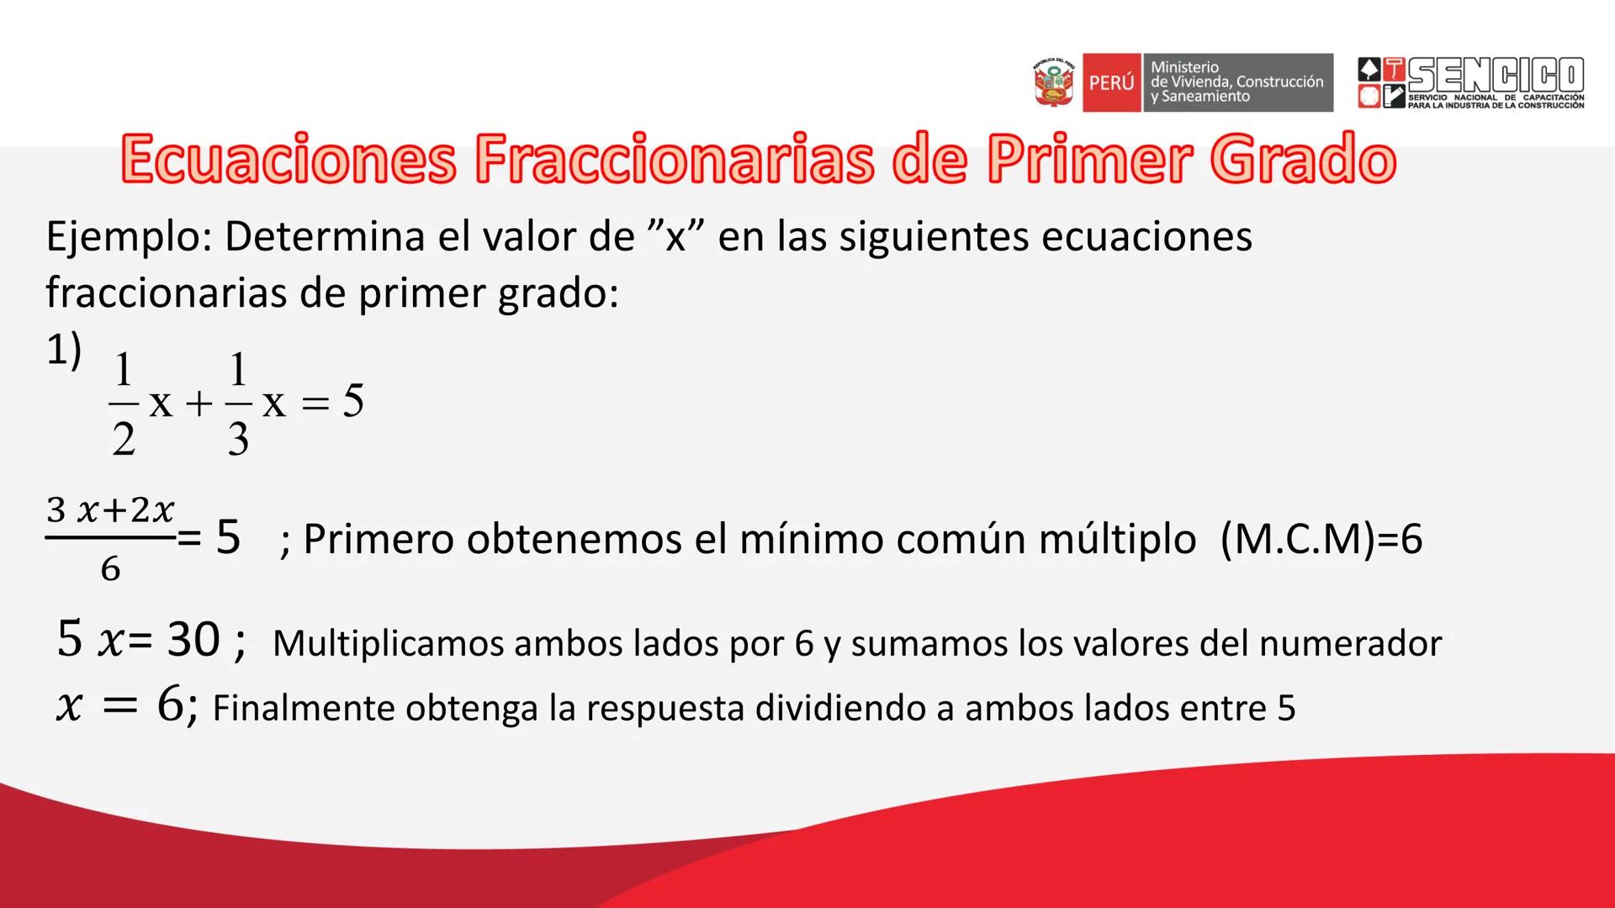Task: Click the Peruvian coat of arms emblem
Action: click(x=1053, y=82)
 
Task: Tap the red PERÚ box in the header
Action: click(x=1111, y=82)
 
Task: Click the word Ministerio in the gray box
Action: click(x=1184, y=66)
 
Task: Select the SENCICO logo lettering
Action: click(x=1496, y=76)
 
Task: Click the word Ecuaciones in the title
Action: click(x=289, y=160)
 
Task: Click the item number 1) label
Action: click(x=64, y=350)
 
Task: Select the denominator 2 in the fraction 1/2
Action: click(x=124, y=439)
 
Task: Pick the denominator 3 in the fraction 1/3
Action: click(x=238, y=439)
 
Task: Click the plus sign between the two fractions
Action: click(x=199, y=404)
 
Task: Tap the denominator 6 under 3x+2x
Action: click(x=110, y=570)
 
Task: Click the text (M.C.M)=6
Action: click(x=1321, y=539)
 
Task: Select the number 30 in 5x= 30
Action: click(x=193, y=640)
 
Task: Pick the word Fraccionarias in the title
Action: click(x=674, y=160)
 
